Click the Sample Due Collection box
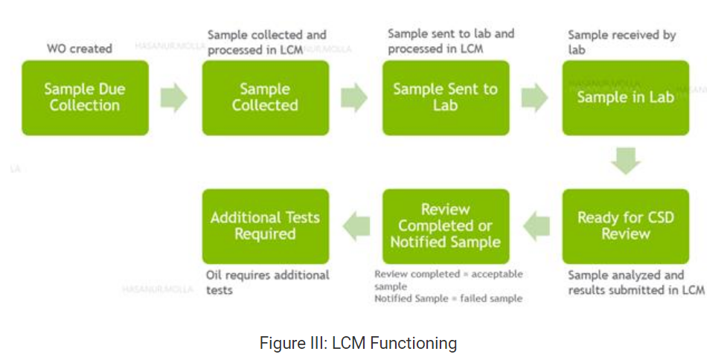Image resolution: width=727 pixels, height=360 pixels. coord(85,97)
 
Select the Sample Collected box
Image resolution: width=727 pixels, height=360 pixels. coord(265,97)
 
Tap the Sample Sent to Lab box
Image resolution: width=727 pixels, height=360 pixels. coord(445,97)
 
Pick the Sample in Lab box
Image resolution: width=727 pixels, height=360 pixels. coord(625,97)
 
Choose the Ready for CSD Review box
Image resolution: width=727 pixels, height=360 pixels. coord(625,226)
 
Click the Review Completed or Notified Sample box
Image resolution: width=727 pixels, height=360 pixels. coord(445,226)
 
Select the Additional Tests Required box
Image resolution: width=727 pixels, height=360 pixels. coord(265,226)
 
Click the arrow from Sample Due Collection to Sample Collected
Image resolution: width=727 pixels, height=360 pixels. coord(174,98)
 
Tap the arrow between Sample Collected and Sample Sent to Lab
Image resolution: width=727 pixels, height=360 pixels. coord(355,98)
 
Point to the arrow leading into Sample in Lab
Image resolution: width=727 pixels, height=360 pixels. coord(535,98)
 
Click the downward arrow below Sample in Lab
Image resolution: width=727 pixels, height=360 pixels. coord(625,160)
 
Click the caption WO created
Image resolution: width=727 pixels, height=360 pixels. coord(79,48)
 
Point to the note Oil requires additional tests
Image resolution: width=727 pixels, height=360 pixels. coord(267,282)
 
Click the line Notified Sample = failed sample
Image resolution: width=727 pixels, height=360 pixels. coord(448,298)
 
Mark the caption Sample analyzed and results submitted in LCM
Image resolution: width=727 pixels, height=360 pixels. coord(635,282)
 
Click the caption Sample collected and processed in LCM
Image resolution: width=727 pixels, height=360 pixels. coord(266,42)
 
